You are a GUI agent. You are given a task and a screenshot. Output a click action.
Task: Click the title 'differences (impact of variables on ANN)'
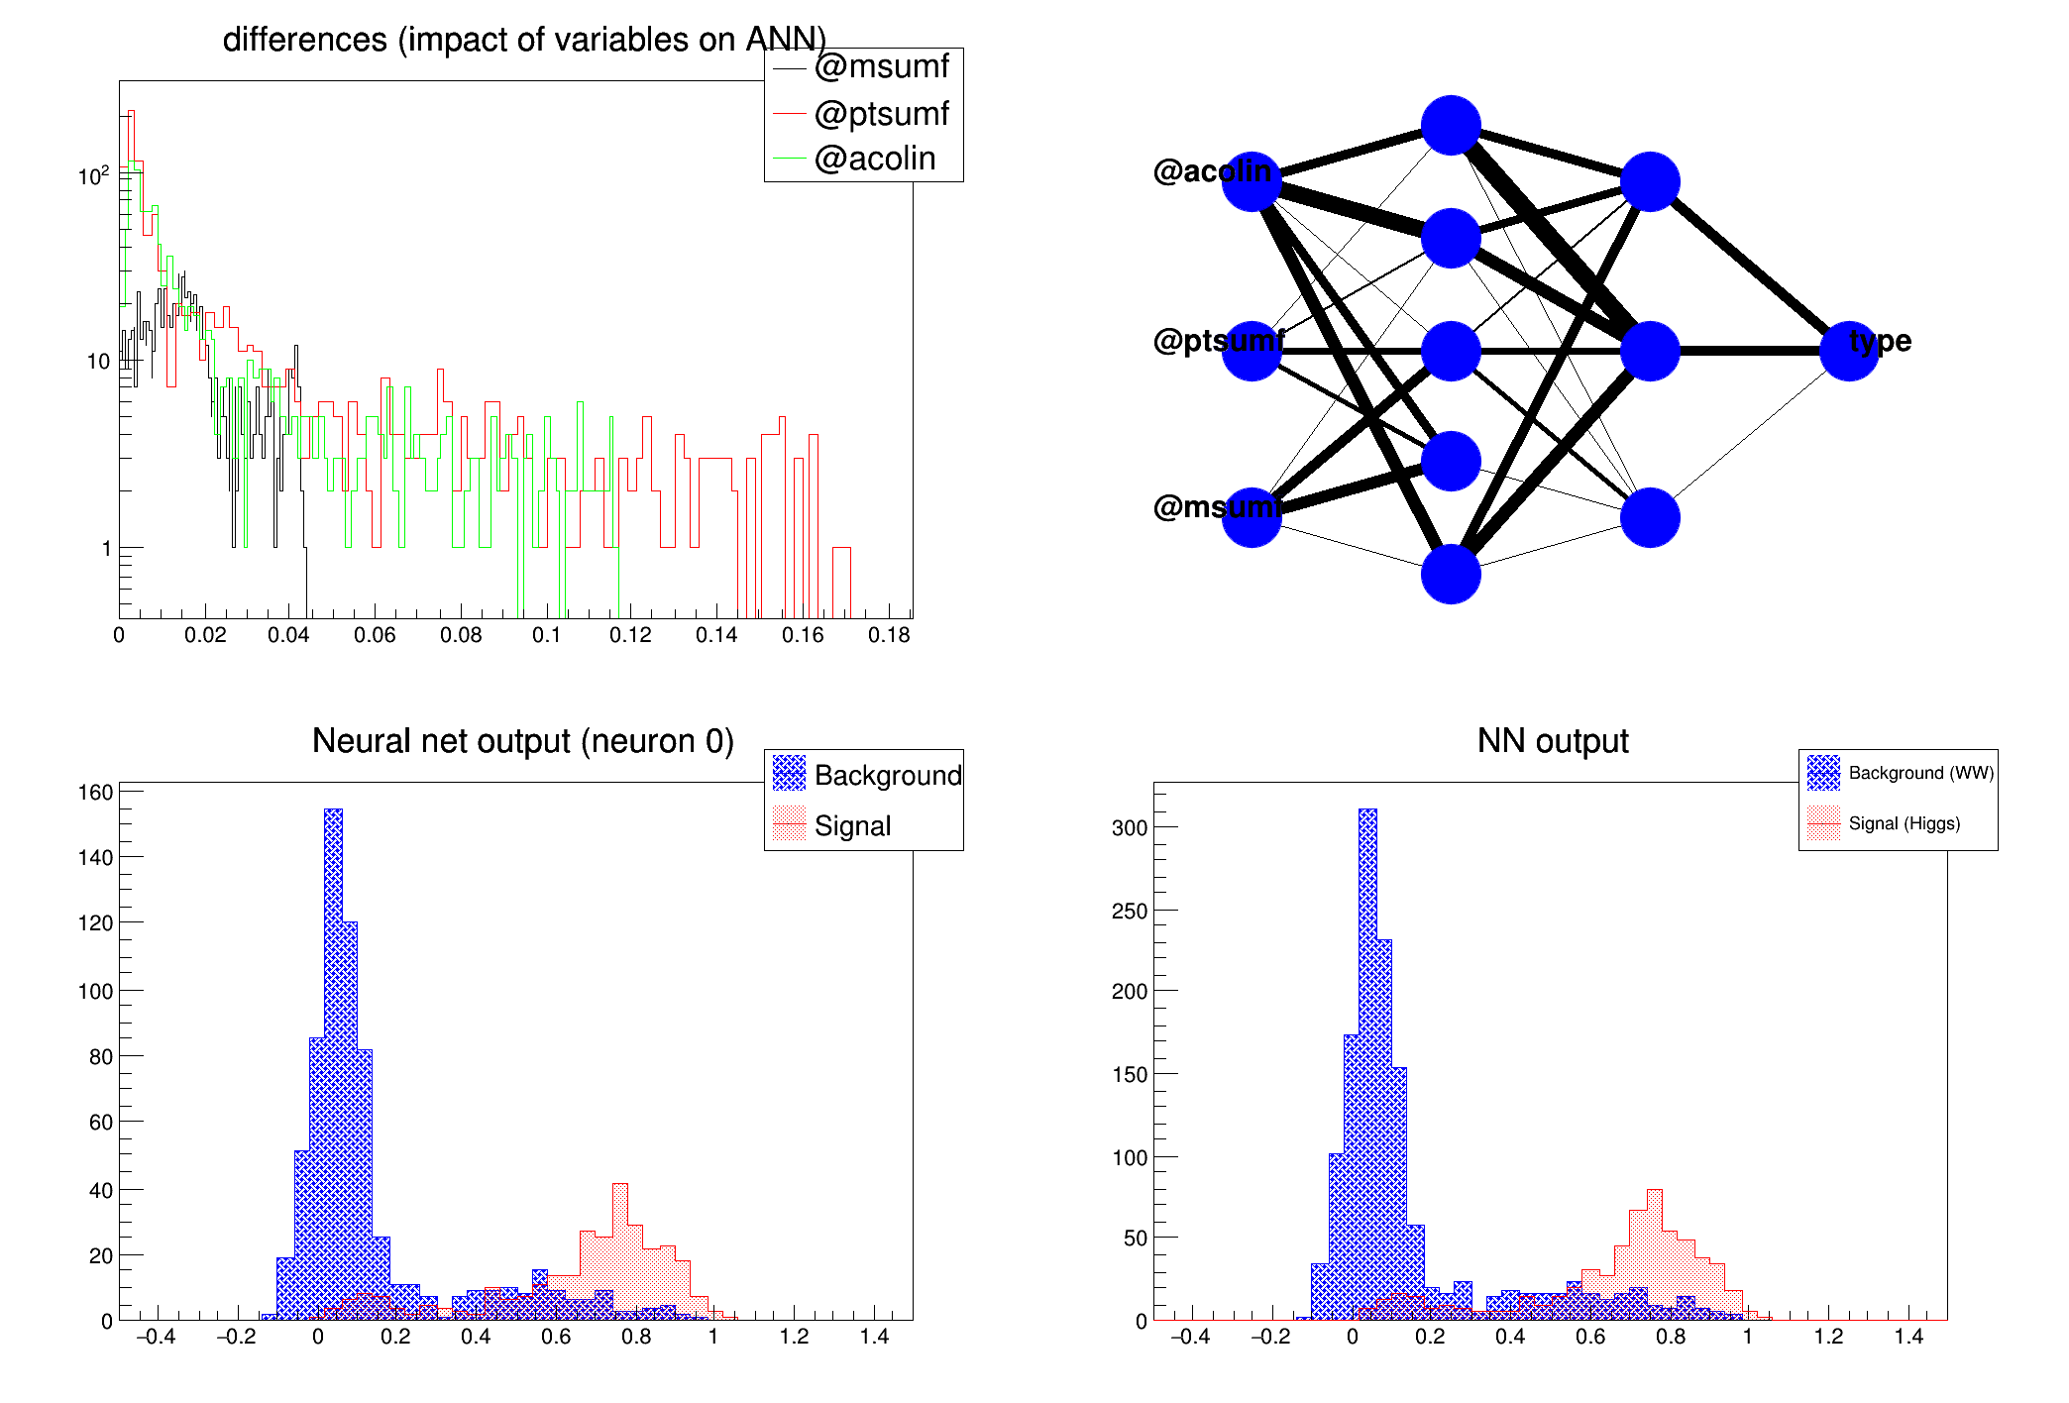click(x=524, y=40)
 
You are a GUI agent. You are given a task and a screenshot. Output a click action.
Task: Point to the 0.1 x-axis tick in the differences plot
click(x=546, y=635)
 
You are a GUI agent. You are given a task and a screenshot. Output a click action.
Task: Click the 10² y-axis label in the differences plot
click(x=94, y=176)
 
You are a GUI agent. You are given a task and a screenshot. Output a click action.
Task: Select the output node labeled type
click(x=1849, y=351)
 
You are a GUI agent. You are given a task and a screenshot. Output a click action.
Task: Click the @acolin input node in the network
click(x=1252, y=182)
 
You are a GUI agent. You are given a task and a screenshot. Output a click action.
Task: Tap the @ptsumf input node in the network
click(x=1252, y=351)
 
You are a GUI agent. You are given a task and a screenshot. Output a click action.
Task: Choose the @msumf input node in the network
click(x=1252, y=517)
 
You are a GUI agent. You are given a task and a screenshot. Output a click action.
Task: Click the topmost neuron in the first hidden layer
click(x=1451, y=126)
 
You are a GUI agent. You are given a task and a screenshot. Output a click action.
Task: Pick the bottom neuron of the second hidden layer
click(x=1650, y=517)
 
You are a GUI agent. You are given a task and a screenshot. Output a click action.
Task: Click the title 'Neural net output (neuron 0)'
click(x=522, y=741)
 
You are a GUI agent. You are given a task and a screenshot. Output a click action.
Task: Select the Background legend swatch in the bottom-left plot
click(x=789, y=774)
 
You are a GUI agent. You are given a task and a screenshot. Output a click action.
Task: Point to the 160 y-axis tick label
click(x=96, y=793)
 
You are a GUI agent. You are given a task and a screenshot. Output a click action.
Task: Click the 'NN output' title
click(x=1552, y=741)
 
